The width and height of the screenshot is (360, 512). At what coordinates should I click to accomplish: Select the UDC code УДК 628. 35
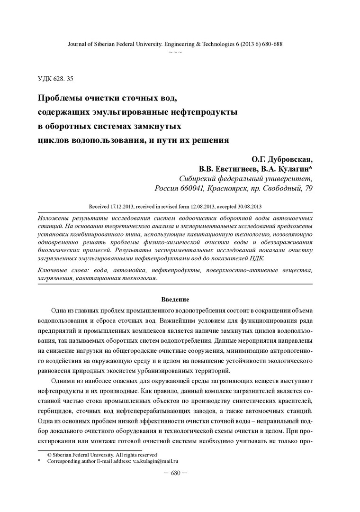coord(56,78)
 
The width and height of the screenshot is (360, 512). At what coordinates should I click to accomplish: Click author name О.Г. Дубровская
coord(279,159)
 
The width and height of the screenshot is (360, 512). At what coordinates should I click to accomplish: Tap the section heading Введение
coord(175,300)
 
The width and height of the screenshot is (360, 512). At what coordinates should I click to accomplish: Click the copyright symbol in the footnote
coord(49,454)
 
